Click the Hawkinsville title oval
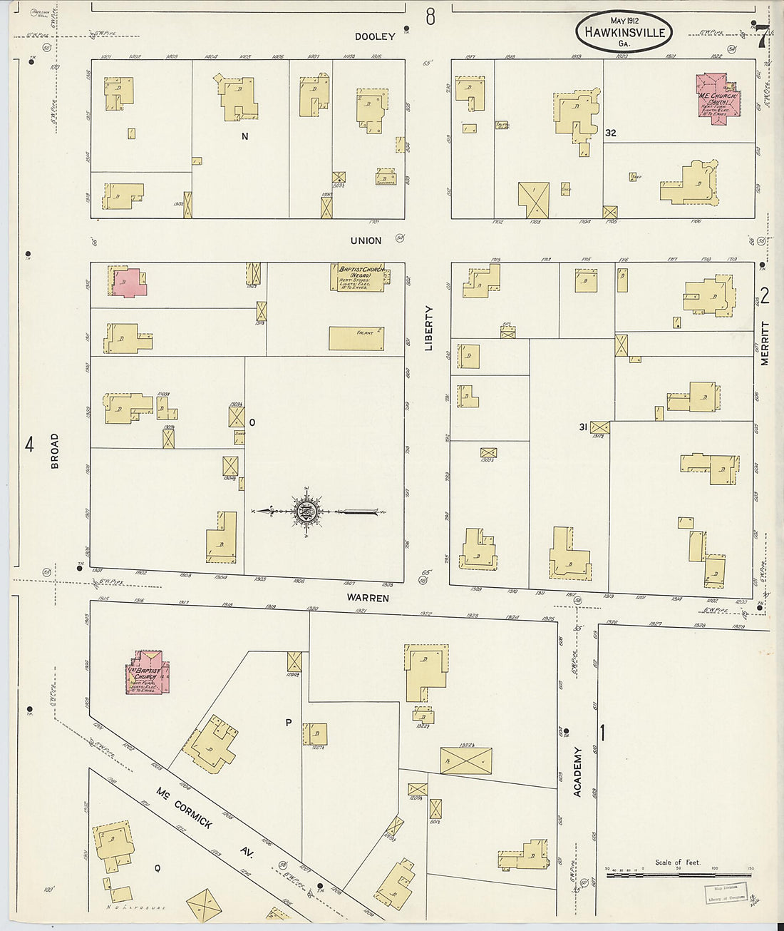point(624,32)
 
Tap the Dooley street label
point(375,36)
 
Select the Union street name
point(366,240)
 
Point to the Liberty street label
point(429,328)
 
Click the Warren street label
point(368,597)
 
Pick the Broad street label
point(55,451)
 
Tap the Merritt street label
point(765,343)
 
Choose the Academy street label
point(577,772)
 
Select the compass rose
point(308,511)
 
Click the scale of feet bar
point(678,873)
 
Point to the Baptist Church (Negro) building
point(359,278)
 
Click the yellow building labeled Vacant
point(356,338)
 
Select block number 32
point(610,133)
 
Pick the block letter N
point(244,136)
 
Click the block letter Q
point(157,868)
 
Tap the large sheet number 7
point(762,36)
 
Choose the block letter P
point(289,722)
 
